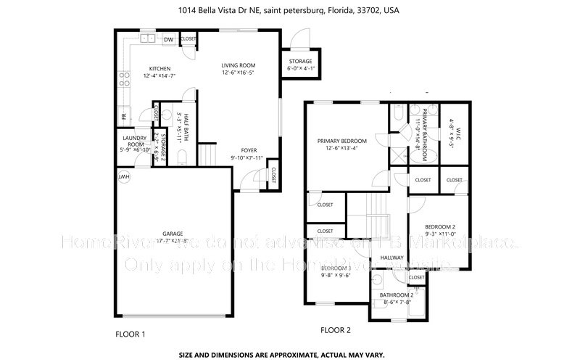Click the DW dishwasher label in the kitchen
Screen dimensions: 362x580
[167, 39]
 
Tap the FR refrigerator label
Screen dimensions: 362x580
[124, 116]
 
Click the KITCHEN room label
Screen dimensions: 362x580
[159, 69]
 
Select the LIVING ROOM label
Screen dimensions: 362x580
[238, 65]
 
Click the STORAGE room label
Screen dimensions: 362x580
[300, 61]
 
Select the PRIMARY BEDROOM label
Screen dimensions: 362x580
[342, 141]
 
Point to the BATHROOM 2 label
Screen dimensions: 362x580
[397, 295]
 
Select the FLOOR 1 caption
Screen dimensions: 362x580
[130, 334]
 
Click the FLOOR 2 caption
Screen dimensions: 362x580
[336, 330]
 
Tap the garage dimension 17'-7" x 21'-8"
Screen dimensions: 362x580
[173, 240]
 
